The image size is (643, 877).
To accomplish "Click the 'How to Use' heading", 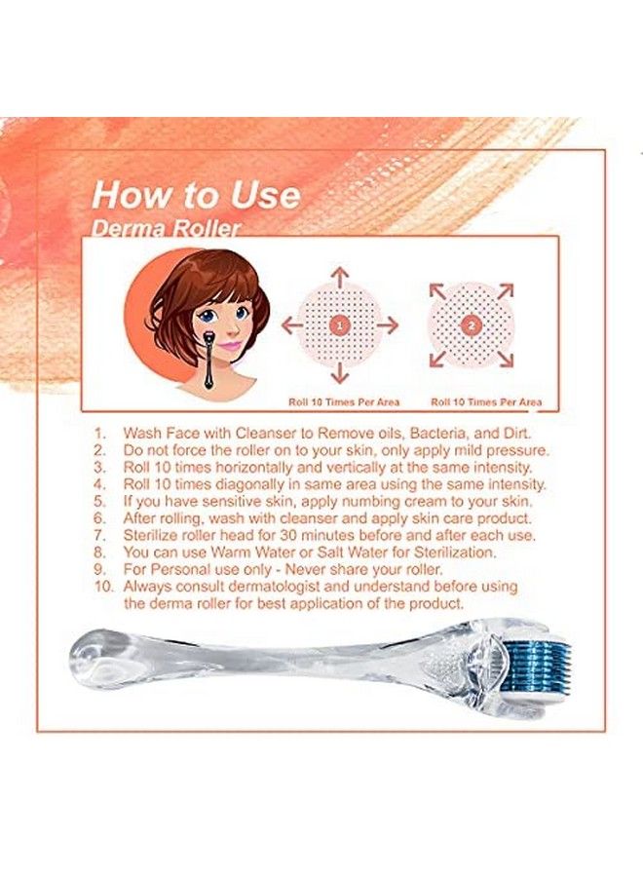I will point(195,194).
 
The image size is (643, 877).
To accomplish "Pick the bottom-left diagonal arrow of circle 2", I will point(438,359).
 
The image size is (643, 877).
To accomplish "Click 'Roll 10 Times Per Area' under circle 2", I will point(486,401).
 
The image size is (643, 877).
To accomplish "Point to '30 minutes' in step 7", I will point(311,535).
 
